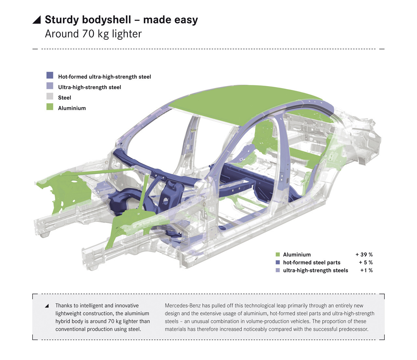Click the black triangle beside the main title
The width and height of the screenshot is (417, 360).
coord(37,20)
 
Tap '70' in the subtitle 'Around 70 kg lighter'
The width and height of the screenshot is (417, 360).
coord(88,34)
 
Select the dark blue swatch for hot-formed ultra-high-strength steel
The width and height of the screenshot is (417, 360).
coord(50,76)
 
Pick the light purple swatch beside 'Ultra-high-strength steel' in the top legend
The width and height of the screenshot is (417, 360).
coord(50,86)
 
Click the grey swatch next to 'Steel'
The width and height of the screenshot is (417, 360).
coord(50,96)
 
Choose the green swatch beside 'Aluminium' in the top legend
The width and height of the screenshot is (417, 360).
coord(50,107)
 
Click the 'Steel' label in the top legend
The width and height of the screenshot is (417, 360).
coord(65,98)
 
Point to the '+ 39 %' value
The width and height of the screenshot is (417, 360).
coord(364,255)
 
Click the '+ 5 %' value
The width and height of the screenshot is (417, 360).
coord(366,263)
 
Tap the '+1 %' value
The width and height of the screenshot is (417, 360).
coord(366,270)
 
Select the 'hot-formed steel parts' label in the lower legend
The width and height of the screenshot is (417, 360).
coord(311,263)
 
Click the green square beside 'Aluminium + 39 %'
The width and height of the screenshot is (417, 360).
coord(278,255)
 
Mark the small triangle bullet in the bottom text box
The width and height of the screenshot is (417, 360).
coord(47,306)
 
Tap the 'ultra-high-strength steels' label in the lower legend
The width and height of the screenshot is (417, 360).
coord(315,270)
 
